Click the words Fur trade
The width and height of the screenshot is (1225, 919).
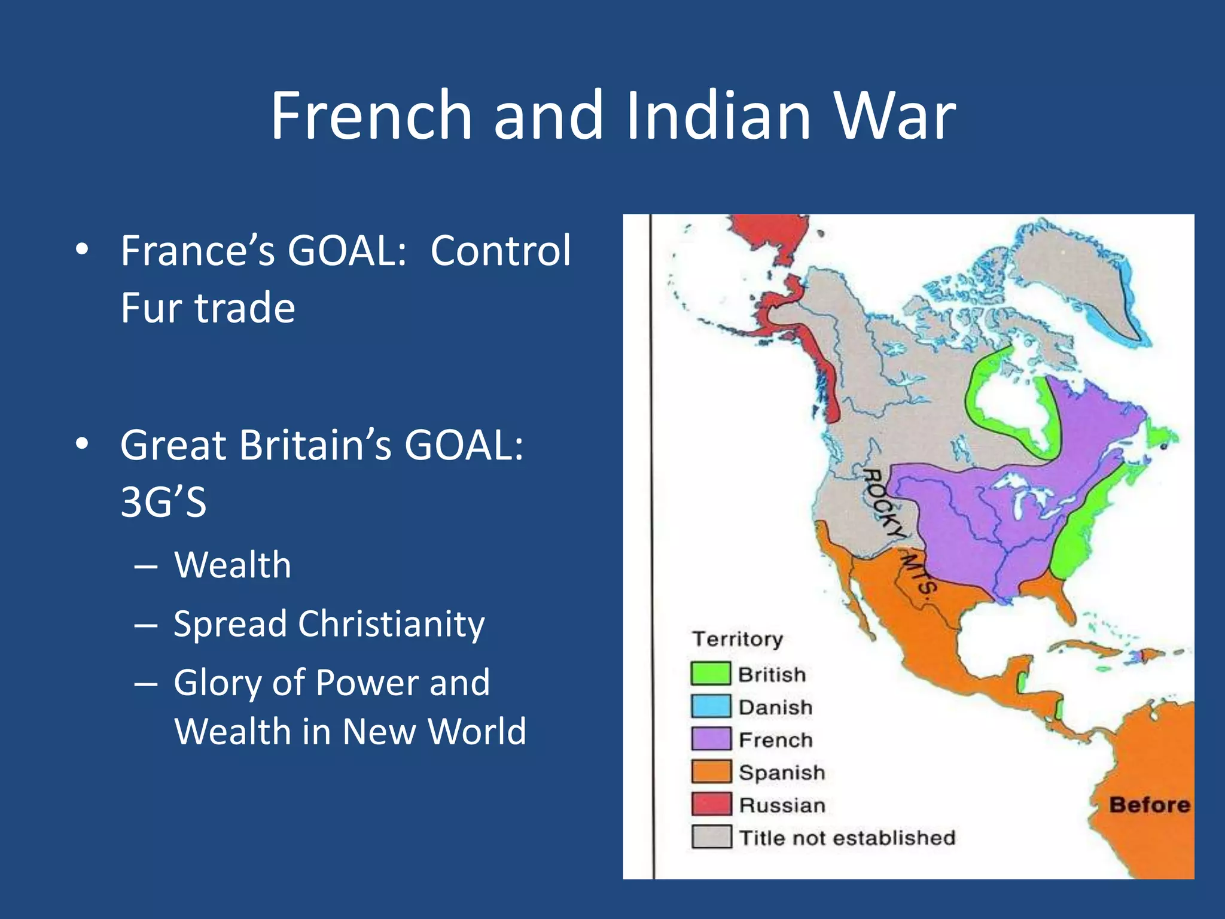click(x=208, y=308)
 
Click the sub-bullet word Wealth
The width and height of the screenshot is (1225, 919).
click(x=233, y=565)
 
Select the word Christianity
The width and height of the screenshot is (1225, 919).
click(x=391, y=624)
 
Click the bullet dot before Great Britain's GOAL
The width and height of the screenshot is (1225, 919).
click(x=83, y=445)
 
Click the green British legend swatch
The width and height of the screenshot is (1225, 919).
click(x=711, y=674)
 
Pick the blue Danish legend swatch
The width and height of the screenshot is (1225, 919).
click(x=711, y=707)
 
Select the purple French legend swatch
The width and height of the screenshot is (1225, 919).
click(x=711, y=739)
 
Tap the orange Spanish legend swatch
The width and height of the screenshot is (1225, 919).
click(x=711, y=772)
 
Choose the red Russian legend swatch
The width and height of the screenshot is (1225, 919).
click(x=711, y=804)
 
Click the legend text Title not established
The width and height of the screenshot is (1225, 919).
click(x=846, y=838)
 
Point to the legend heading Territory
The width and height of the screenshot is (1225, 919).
click(x=737, y=639)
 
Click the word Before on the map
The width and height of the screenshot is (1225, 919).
click(x=1149, y=805)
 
